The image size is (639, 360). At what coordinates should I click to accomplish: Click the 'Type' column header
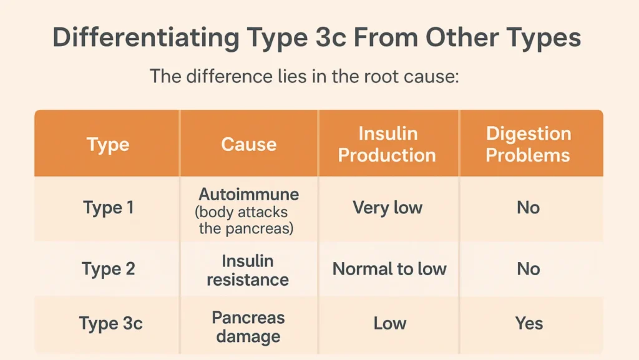pos(108,145)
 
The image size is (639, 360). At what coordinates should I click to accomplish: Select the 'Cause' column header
pos(248,145)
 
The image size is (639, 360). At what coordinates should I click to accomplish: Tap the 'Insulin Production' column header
pos(387,144)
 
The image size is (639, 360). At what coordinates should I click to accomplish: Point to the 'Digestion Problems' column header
pos(528,144)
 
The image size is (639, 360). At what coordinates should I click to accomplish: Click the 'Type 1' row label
pos(108,207)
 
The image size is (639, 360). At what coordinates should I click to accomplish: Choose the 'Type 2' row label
pos(108,269)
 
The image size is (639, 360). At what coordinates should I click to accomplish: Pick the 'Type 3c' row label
pos(110,324)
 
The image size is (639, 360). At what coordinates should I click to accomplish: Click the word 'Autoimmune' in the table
pos(249,193)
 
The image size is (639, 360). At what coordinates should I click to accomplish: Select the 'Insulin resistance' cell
pos(248,270)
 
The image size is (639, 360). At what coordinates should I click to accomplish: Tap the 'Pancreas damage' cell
pos(248,327)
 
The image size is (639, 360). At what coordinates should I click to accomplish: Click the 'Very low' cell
pos(388,207)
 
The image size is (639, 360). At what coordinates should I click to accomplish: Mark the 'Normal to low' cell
pos(389,269)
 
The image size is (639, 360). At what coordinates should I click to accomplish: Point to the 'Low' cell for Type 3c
pos(390,323)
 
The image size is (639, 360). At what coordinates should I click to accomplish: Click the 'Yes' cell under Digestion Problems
pos(529,323)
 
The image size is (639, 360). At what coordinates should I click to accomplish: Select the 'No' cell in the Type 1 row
pos(528,207)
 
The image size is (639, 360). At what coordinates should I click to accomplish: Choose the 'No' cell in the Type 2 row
pos(528,269)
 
